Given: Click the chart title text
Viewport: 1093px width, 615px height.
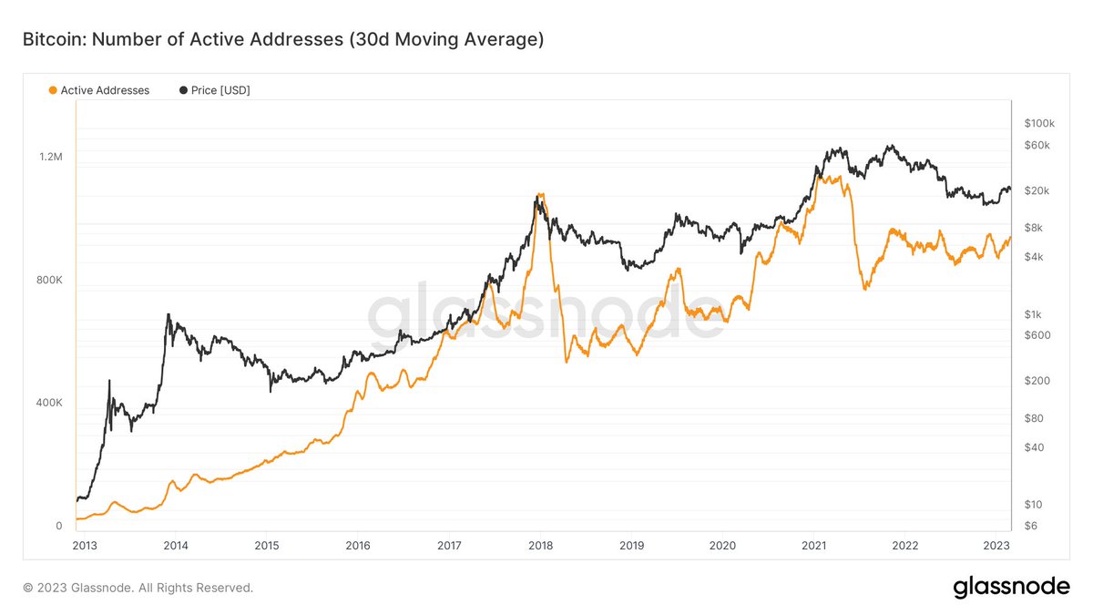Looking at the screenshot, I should pos(283,40).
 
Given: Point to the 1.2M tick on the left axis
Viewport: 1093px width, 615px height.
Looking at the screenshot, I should pos(50,157).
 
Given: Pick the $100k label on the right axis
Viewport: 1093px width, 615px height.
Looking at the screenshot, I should pos(1038,123).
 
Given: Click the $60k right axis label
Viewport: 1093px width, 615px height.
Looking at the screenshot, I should pos(1038,146).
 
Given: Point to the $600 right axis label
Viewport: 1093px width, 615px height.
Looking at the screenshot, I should pos(1037,335).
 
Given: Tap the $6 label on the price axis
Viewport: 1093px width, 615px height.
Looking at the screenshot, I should pos(1030,526).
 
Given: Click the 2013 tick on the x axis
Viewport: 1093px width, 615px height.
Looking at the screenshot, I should pos(84,546).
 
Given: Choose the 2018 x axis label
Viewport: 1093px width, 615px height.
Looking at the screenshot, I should pos(540,546).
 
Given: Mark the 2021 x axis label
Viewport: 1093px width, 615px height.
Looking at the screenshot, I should pos(813,546).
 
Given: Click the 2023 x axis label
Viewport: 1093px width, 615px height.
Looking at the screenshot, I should pos(996,546).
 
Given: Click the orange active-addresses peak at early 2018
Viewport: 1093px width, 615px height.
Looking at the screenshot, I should pos(541,194).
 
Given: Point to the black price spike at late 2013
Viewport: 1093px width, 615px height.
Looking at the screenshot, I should pos(168,315).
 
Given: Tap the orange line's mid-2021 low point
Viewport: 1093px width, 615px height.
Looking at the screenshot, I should pos(864,289).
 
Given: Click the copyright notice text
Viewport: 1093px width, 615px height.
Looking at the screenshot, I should pos(138,588).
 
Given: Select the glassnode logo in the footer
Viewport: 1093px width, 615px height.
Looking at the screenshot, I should pos(1011,588).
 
